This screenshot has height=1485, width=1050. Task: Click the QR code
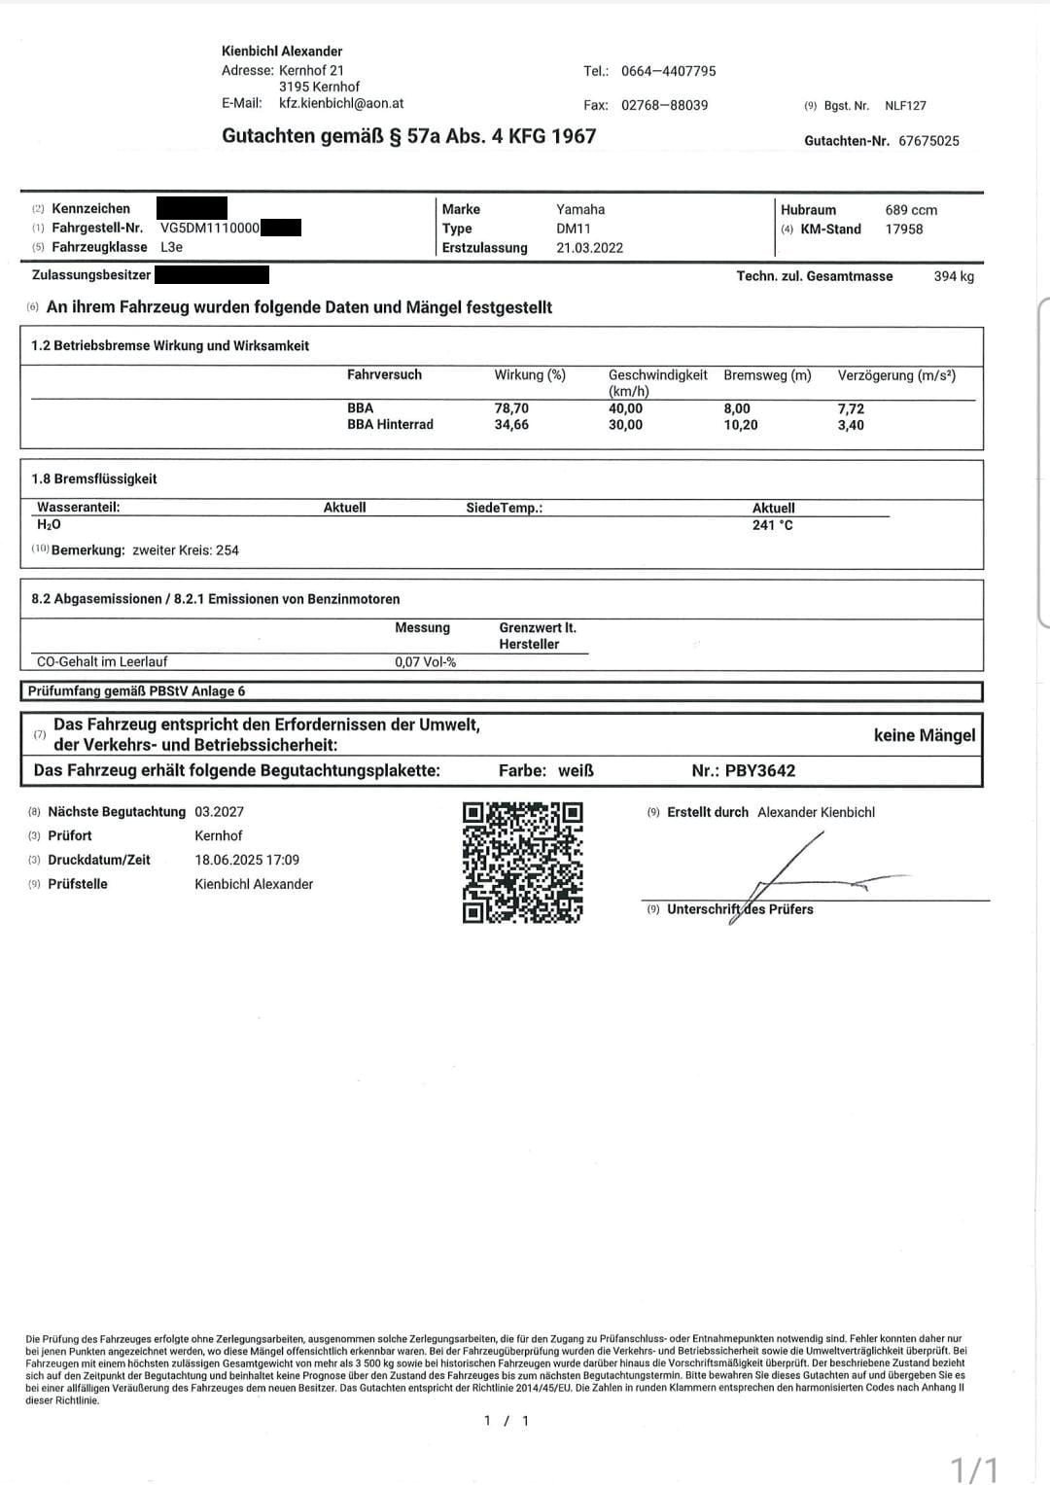(x=522, y=862)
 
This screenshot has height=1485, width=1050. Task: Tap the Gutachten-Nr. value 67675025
(x=928, y=141)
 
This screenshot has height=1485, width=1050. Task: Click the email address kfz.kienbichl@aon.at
(x=341, y=103)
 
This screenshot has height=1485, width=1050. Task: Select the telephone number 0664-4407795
(x=668, y=71)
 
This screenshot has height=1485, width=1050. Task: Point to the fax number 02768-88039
(x=664, y=105)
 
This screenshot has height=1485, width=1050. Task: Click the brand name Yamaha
(x=580, y=209)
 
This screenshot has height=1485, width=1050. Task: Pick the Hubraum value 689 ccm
(x=911, y=210)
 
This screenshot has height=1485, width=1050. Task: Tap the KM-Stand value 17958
(x=904, y=230)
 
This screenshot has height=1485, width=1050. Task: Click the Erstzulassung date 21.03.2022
(x=589, y=248)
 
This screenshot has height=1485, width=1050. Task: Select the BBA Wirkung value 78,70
(x=511, y=408)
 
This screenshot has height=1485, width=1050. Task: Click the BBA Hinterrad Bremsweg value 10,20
(x=741, y=425)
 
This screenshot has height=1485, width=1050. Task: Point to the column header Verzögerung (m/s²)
(x=896, y=375)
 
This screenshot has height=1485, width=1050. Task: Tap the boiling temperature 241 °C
(x=772, y=525)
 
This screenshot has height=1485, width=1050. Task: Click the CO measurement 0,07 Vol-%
(x=425, y=662)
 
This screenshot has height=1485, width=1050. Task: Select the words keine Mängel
(x=924, y=735)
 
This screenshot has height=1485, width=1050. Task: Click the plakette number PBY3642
(x=759, y=771)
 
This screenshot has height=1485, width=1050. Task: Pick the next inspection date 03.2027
(x=219, y=812)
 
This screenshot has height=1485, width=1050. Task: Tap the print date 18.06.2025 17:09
(x=247, y=860)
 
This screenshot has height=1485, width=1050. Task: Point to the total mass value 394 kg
(x=953, y=276)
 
